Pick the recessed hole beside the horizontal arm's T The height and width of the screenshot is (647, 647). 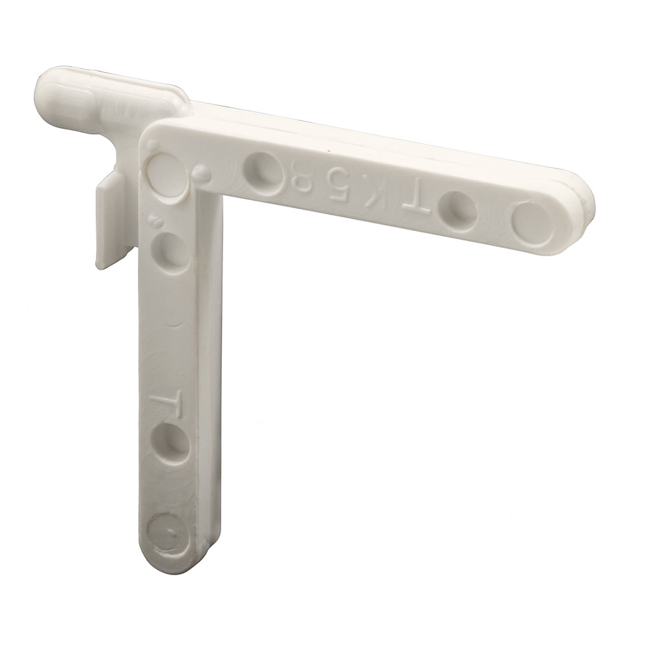tap(457, 209)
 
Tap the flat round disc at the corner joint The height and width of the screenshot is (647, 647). tap(166, 173)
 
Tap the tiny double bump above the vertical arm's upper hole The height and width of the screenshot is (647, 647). tap(155, 220)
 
